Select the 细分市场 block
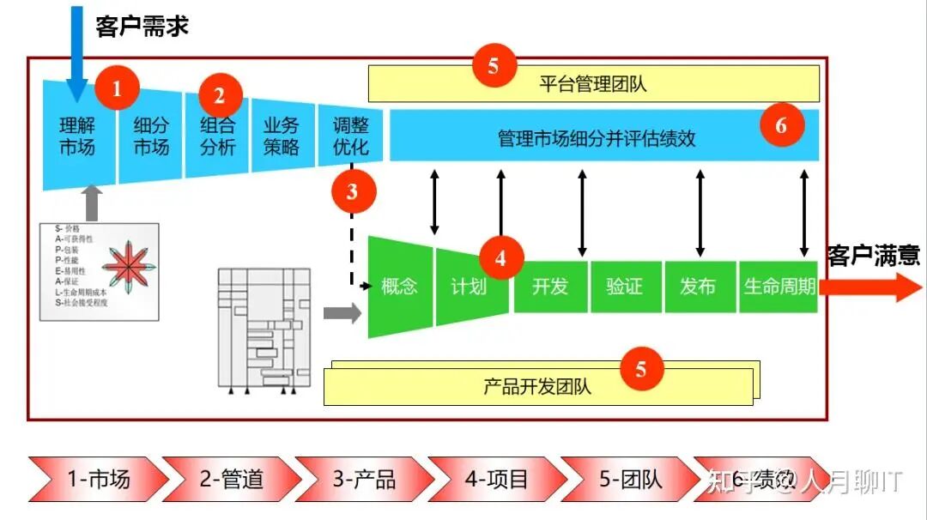150,136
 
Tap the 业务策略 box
281,136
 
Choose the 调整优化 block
351,136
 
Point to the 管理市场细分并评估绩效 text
597,137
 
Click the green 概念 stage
399,287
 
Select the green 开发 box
550,287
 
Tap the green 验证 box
624,287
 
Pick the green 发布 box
698,287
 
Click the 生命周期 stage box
779,287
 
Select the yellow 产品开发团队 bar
537,386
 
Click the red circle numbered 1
118,88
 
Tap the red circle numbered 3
353,192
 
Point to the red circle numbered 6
781,126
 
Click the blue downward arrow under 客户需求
77,51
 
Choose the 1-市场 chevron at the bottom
99,479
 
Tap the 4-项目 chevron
496,479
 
